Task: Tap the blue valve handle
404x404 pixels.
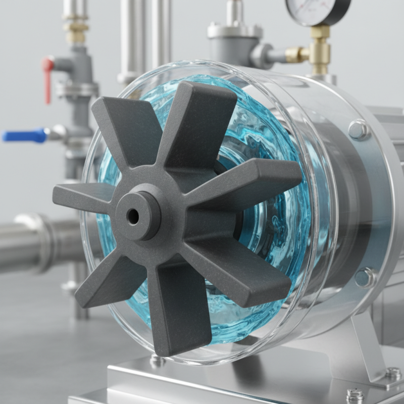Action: click(24, 135)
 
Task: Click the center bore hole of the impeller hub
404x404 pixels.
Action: click(133, 217)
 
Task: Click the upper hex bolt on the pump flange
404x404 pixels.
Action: click(359, 130)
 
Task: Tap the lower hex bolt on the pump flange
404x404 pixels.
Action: click(364, 277)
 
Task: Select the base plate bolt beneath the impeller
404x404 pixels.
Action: click(157, 361)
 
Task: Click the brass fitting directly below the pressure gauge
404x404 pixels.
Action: click(320, 48)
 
